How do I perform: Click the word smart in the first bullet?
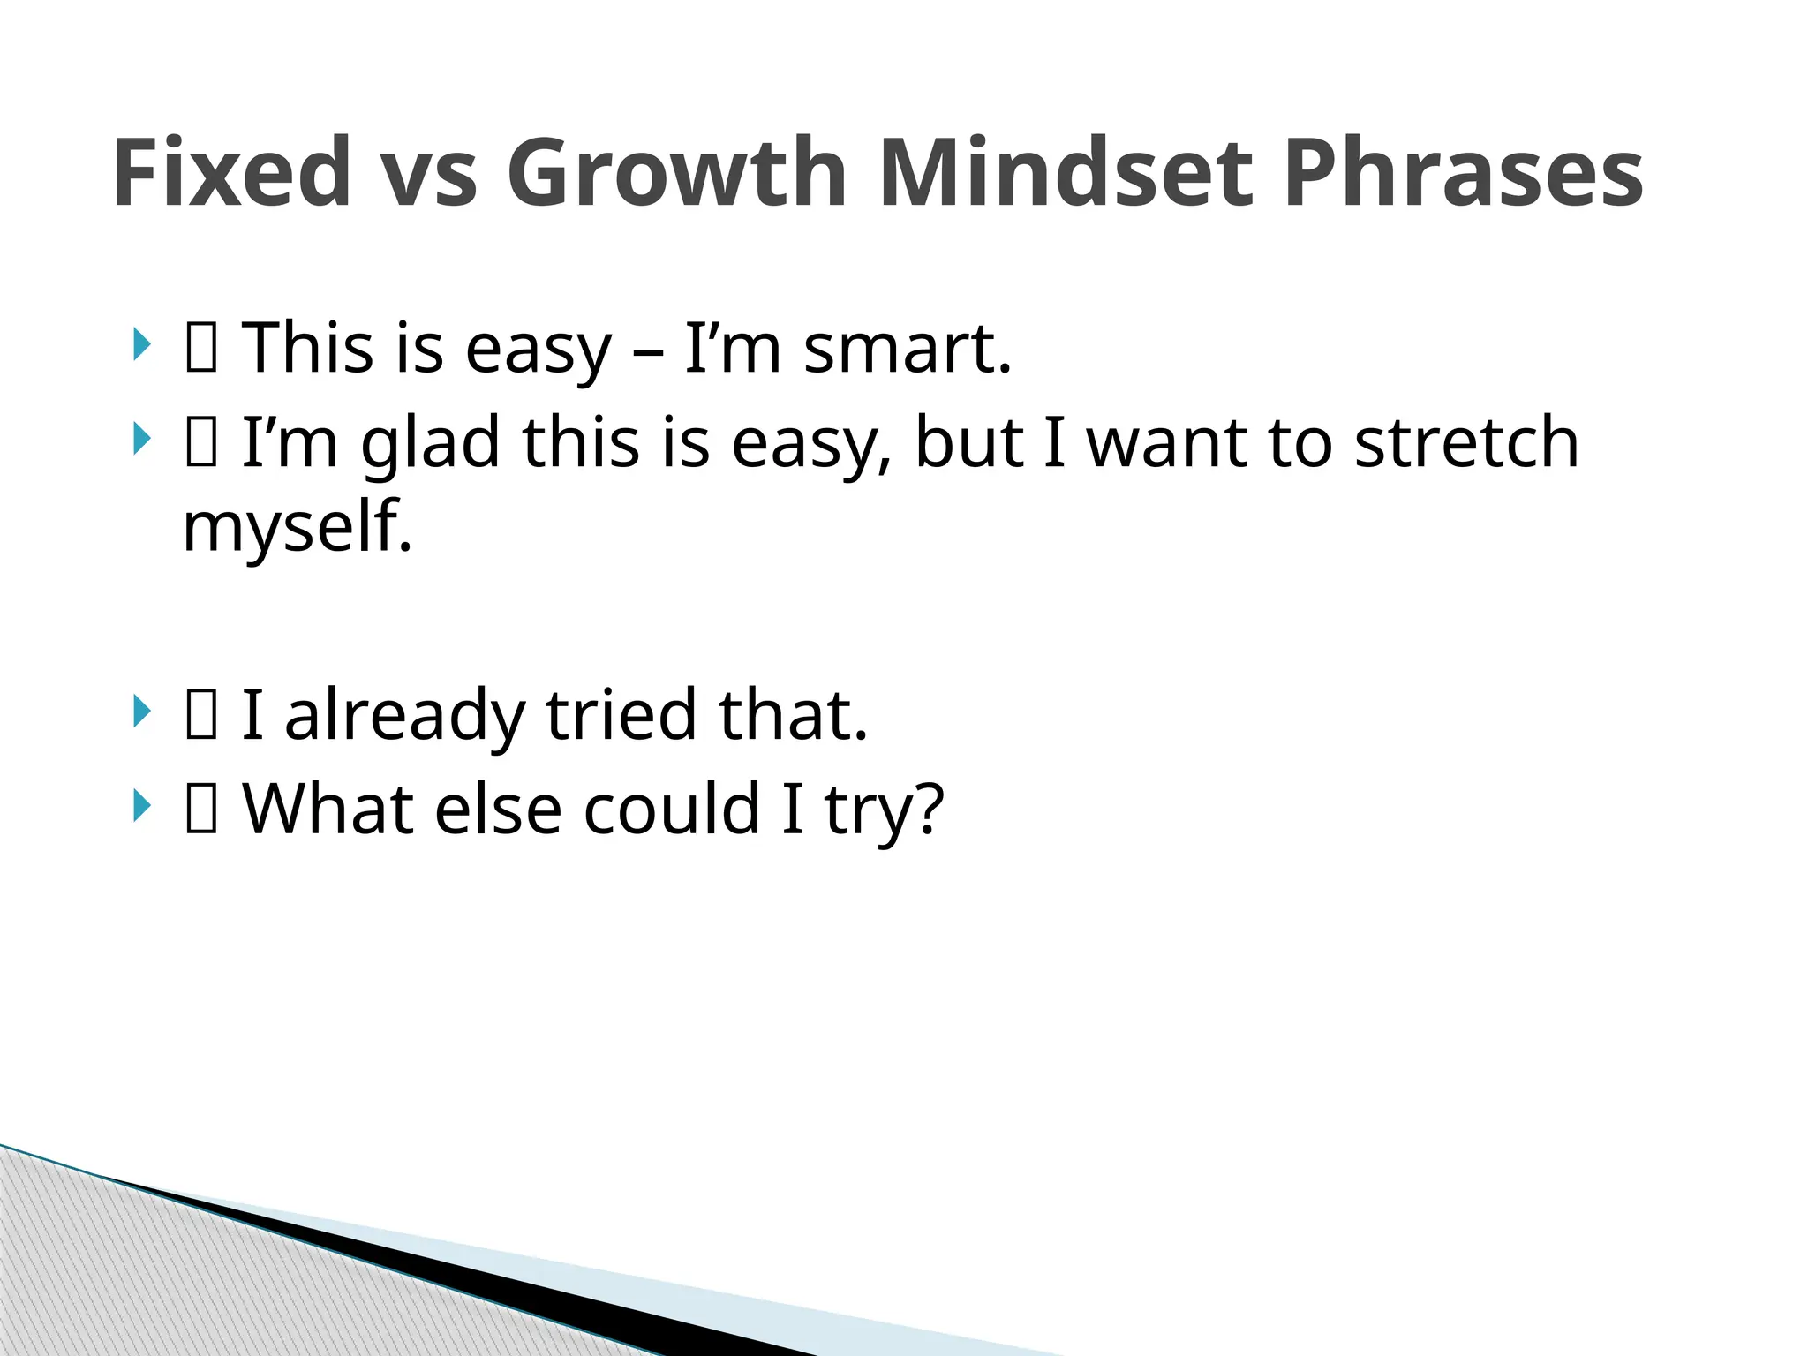point(907,350)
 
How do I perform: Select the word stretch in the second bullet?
point(1466,441)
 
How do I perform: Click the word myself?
point(298,528)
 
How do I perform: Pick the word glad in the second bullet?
point(430,441)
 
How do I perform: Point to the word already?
point(404,716)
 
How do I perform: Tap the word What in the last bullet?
point(327,809)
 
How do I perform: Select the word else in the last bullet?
point(498,809)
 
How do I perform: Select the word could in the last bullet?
point(671,809)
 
